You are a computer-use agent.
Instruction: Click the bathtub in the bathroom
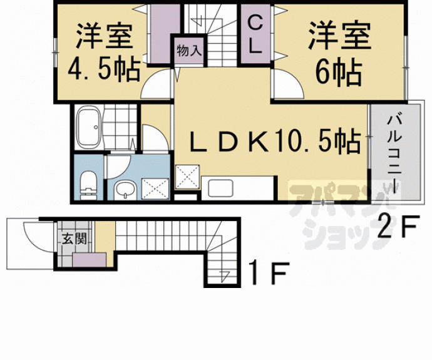click(x=88, y=127)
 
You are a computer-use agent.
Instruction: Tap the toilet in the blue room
click(x=89, y=185)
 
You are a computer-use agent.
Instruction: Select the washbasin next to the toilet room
click(x=125, y=189)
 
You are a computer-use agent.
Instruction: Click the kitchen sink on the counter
click(x=220, y=188)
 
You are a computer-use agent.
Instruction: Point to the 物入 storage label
click(x=189, y=51)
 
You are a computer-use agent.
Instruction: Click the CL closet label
click(x=255, y=35)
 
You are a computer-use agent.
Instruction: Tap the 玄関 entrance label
click(x=74, y=239)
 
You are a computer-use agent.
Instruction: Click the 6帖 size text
click(x=338, y=73)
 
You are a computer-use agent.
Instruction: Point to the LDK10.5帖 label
click(x=275, y=141)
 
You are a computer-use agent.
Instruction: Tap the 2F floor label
click(x=398, y=226)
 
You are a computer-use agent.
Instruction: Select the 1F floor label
click(x=269, y=273)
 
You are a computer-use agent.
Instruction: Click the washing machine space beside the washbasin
click(x=155, y=188)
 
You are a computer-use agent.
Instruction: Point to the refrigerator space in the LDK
click(x=187, y=177)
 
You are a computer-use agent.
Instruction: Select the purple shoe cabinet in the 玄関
click(x=89, y=260)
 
